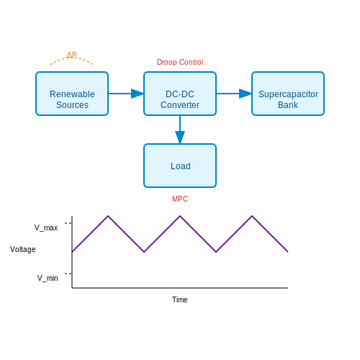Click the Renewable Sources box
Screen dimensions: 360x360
click(x=72, y=94)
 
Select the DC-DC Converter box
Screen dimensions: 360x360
click(x=180, y=94)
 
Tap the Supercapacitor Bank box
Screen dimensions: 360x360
click(x=288, y=94)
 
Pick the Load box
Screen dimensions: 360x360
click(x=180, y=166)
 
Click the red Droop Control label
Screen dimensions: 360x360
click(x=180, y=62)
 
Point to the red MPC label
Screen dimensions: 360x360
click(x=180, y=199)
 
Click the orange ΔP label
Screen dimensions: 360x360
click(x=71, y=55)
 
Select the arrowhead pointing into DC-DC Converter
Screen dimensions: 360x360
click(x=138, y=94)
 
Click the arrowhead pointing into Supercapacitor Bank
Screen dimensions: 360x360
click(x=246, y=94)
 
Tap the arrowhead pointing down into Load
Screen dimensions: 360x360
click(x=180, y=138)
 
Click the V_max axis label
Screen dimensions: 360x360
click(x=46, y=228)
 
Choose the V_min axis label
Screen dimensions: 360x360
click(x=48, y=278)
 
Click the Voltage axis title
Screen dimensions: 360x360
click(x=23, y=249)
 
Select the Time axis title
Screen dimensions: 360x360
click(x=180, y=300)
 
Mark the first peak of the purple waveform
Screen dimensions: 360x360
click(x=108, y=216)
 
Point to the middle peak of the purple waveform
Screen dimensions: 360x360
click(x=180, y=216)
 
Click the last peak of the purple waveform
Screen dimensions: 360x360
click(x=252, y=216)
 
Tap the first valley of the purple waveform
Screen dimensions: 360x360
click(x=144, y=252)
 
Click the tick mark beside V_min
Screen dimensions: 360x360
click(x=68, y=274)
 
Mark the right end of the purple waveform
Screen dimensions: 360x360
click(x=288, y=252)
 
